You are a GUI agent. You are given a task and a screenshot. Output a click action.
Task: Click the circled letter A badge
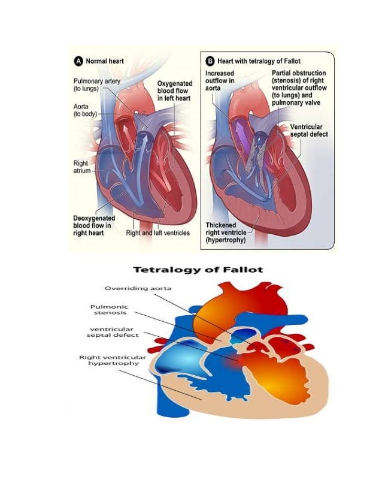[x=78, y=61]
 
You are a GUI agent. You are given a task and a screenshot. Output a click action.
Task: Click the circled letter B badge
[x=209, y=61]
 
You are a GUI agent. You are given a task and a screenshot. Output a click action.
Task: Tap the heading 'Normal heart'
[x=105, y=61]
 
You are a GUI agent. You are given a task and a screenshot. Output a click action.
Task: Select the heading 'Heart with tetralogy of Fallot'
[x=259, y=61]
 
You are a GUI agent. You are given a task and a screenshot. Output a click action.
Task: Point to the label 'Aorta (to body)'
[x=86, y=108]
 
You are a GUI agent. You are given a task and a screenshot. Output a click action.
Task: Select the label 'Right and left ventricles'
[x=157, y=233]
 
